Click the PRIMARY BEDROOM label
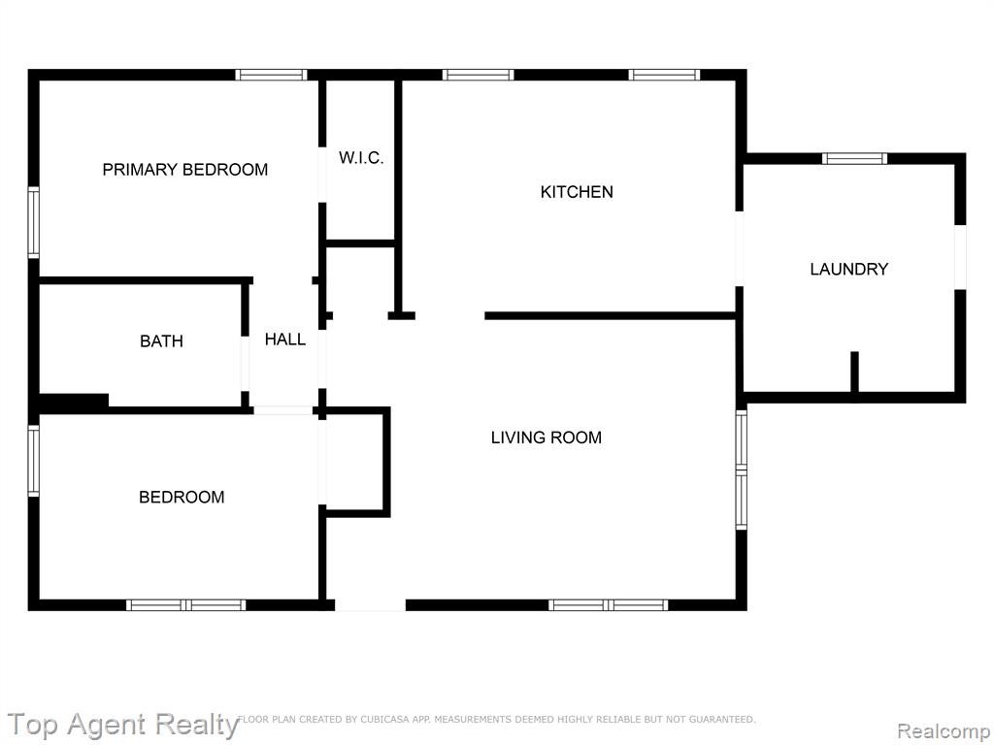click(x=185, y=170)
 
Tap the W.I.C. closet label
click(x=361, y=158)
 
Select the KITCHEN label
click(x=577, y=192)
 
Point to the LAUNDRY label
click(x=848, y=270)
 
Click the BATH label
click(x=162, y=341)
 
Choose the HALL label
click(x=285, y=340)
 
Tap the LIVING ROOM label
click(x=547, y=437)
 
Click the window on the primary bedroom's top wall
click(x=272, y=75)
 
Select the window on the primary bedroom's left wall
click(x=34, y=222)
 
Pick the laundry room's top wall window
click(x=854, y=158)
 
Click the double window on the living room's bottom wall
click(x=608, y=605)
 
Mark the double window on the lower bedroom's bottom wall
click(x=185, y=605)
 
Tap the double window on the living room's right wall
click(x=741, y=470)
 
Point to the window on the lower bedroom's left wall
click(x=34, y=461)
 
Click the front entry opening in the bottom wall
click(x=370, y=605)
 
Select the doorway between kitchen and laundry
click(x=739, y=248)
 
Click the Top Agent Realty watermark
click(x=123, y=726)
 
